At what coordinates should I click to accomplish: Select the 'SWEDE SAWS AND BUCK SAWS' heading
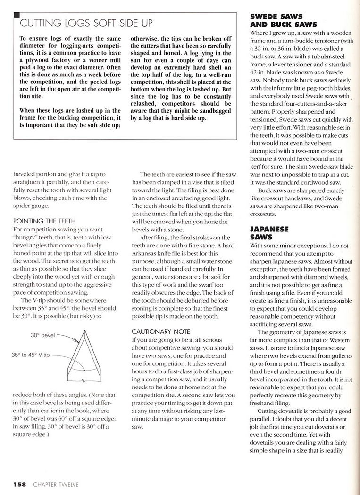click(x=283, y=21)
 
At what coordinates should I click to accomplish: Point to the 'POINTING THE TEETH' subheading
click(x=43, y=220)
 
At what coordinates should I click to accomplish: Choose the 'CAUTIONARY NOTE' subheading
click(x=160, y=331)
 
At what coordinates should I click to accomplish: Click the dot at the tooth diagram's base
click(x=84, y=371)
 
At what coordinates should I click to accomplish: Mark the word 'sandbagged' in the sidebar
click(x=213, y=110)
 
